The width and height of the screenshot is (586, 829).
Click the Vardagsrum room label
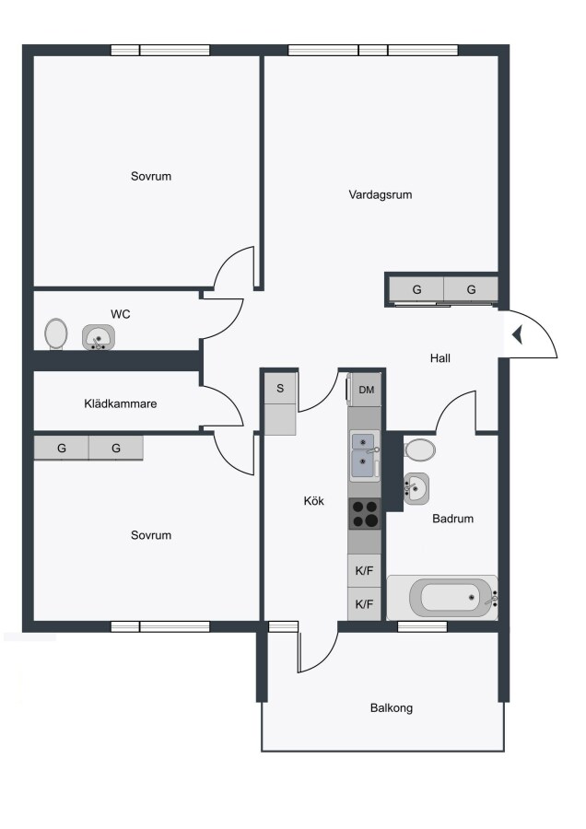point(380,194)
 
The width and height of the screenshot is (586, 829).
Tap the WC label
point(121,314)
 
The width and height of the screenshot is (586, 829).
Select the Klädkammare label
point(120,403)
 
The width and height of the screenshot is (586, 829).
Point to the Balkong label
point(392,708)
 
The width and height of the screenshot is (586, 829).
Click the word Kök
point(313,501)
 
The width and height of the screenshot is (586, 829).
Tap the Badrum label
point(452,519)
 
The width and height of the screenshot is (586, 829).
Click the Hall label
point(440,358)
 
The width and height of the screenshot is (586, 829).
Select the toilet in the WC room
point(56,334)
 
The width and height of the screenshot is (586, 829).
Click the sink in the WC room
point(99,337)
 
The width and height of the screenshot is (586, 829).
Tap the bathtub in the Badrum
point(442,598)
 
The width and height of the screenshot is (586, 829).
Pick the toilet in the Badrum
point(420,450)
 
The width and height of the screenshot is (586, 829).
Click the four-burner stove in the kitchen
point(364,513)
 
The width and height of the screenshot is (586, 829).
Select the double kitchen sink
point(364,455)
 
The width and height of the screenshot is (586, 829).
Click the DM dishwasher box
point(366,390)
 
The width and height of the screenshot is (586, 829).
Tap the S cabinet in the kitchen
point(280,389)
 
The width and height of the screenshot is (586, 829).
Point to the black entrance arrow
point(517,334)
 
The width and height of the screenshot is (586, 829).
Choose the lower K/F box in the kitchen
point(364,603)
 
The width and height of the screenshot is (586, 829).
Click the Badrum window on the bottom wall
point(422,626)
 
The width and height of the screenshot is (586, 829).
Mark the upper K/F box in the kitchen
point(364,571)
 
